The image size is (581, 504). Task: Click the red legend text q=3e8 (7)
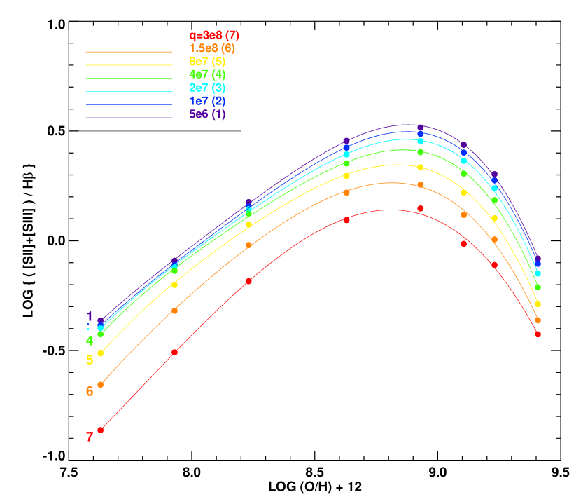coord(214,35)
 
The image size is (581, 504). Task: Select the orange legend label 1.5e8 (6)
coord(211,48)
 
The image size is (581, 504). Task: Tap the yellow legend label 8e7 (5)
coord(207,62)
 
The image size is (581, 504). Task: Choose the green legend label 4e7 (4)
coord(207,74)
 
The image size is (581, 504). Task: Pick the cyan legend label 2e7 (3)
coord(207,88)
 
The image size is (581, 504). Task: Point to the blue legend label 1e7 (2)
coord(207,101)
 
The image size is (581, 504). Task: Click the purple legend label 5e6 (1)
coord(207,114)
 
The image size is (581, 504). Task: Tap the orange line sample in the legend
coord(129,52)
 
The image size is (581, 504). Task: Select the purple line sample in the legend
coord(129,118)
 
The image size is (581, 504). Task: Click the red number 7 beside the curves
coord(90,437)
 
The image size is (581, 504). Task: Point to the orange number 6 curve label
coord(90,391)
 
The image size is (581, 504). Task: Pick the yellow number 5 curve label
coord(90,360)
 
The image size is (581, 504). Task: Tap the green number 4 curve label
coord(90,341)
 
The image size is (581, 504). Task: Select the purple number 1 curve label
coord(90,316)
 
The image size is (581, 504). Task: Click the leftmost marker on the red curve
coord(100,430)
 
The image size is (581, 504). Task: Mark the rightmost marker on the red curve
coord(538,334)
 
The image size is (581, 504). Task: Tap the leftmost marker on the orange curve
coord(100,384)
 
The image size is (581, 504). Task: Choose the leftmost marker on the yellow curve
coord(100,353)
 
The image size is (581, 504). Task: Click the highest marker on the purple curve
coord(420,128)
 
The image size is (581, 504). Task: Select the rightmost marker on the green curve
coord(538,287)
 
